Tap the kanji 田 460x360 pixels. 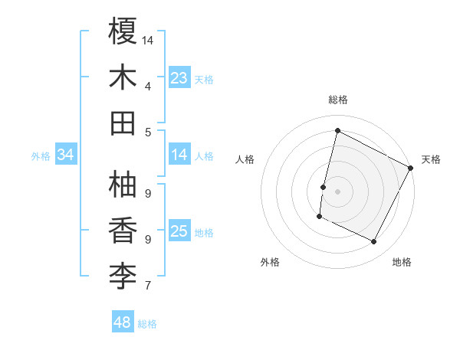(x=123, y=123)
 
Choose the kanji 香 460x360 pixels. (x=123, y=230)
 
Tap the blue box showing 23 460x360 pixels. (x=179, y=77)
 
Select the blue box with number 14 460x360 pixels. (x=179, y=155)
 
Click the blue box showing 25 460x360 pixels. (x=179, y=231)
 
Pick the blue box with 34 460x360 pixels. (x=65, y=155)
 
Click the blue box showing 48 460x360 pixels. (x=123, y=322)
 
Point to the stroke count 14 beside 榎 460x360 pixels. (x=148, y=40)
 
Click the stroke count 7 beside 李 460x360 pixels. (x=147, y=286)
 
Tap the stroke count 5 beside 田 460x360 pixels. (x=147, y=132)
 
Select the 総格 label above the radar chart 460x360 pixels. (x=337, y=100)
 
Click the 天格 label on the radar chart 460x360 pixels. (x=431, y=159)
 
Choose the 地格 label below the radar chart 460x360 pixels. (x=402, y=262)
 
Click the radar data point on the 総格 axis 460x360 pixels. (x=337, y=131)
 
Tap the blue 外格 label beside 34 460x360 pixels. (x=40, y=156)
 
